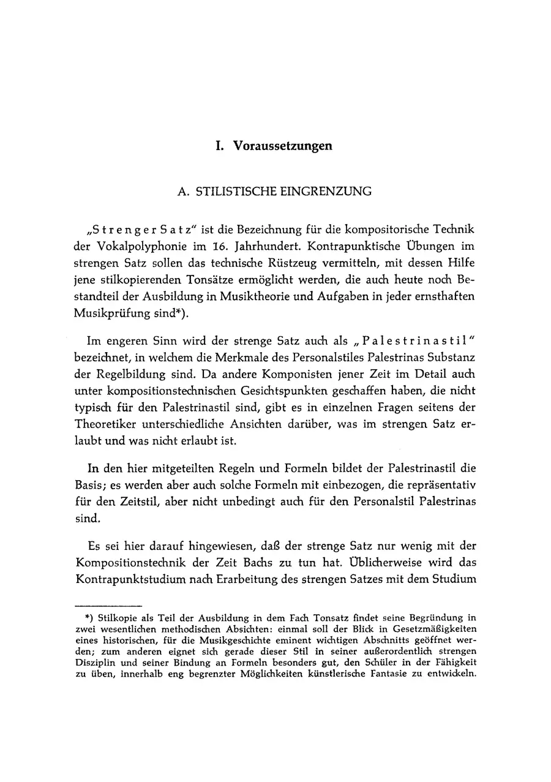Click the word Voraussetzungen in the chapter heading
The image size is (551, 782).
coord(282,146)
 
